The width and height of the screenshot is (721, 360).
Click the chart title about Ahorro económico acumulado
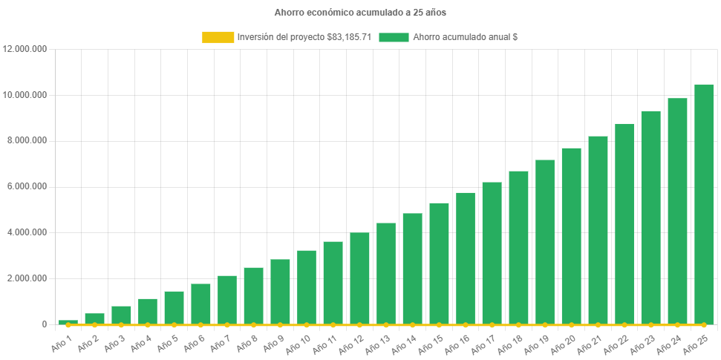360,13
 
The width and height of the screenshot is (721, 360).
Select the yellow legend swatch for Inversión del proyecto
218,37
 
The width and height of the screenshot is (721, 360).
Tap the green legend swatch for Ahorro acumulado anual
394,37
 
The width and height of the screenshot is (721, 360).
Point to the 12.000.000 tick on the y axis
25,49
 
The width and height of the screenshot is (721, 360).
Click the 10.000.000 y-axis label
25,95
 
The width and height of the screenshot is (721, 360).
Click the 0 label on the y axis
44,324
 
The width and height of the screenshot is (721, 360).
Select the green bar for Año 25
704,204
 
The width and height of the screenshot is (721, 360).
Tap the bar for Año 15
439,264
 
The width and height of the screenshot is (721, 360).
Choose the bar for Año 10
307,287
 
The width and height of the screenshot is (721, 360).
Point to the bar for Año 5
174,307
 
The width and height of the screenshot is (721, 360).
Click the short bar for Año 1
68,322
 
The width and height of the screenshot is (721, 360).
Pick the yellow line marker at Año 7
227,325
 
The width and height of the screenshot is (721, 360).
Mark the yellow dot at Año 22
624,325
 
